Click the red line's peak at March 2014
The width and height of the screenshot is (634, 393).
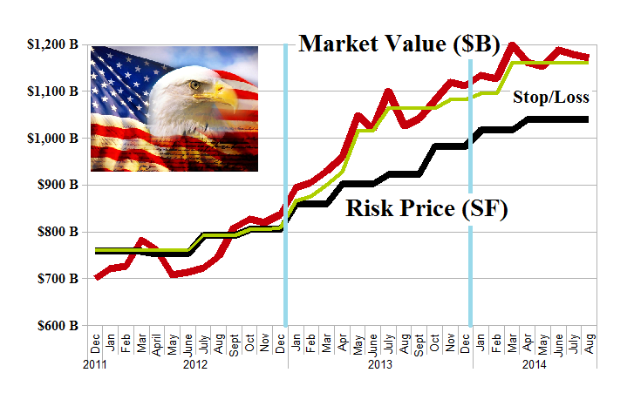[513, 44]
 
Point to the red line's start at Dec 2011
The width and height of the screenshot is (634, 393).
[96, 277]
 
